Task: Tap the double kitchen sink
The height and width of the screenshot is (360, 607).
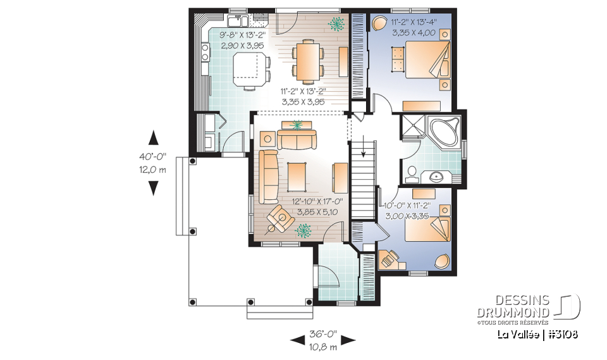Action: click(238, 20)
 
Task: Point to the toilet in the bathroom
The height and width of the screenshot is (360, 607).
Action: click(412, 171)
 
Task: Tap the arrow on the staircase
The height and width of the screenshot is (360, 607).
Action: click(362, 149)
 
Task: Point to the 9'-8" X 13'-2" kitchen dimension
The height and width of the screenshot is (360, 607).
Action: click(243, 36)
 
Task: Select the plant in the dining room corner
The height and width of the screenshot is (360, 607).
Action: click(336, 24)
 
